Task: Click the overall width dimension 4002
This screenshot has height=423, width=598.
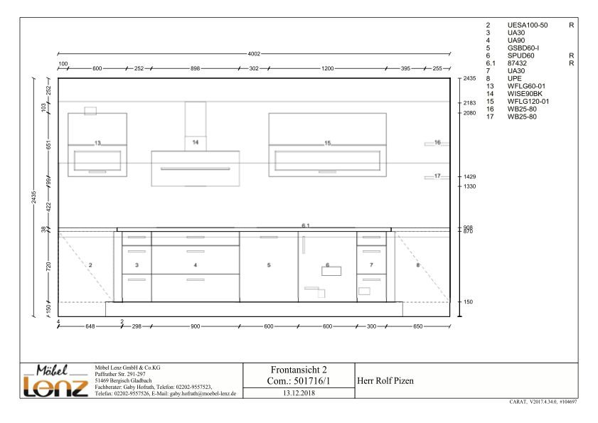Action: pyautogui.click(x=254, y=54)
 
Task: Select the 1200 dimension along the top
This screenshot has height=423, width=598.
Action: pyautogui.click(x=327, y=68)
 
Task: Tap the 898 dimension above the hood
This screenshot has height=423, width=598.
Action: pyautogui.click(x=195, y=68)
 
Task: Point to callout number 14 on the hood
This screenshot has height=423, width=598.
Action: pyautogui.click(x=196, y=142)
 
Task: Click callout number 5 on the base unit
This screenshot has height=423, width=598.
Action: pyautogui.click(x=269, y=264)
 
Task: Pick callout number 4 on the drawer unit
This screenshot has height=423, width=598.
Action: pyautogui.click(x=196, y=264)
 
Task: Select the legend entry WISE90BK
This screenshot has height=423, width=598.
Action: pyautogui.click(x=525, y=94)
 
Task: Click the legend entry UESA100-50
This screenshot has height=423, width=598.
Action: pyautogui.click(x=528, y=25)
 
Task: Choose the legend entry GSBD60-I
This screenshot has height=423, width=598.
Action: pyautogui.click(x=523, y=48)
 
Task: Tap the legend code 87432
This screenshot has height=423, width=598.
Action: pyautogui.click(x=517, y=63)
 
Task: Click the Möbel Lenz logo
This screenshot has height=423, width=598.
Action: pyautogui.click(x=55, y=380)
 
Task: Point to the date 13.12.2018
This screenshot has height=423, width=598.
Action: pyautogui.click(x=299, y=393)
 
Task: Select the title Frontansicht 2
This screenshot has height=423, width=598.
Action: pyautogui.click(x=299, y=370)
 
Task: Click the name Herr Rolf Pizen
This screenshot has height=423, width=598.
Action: pyautogui.click(x=385, y=380)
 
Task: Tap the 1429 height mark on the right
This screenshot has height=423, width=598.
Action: pyautogui.click(x=469, y=176)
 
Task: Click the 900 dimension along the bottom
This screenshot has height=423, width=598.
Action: pyautogui.click(x=196, y=326)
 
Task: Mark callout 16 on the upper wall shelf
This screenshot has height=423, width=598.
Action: pyautogui.click(x=437, y=142)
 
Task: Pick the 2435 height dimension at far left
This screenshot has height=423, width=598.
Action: pyautogui.click(x=33, y=197)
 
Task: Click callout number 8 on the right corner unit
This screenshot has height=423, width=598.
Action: pyautogui.click(x=418, y=264)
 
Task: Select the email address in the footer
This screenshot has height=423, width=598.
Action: pyautogui.click(x=203, y=394)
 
